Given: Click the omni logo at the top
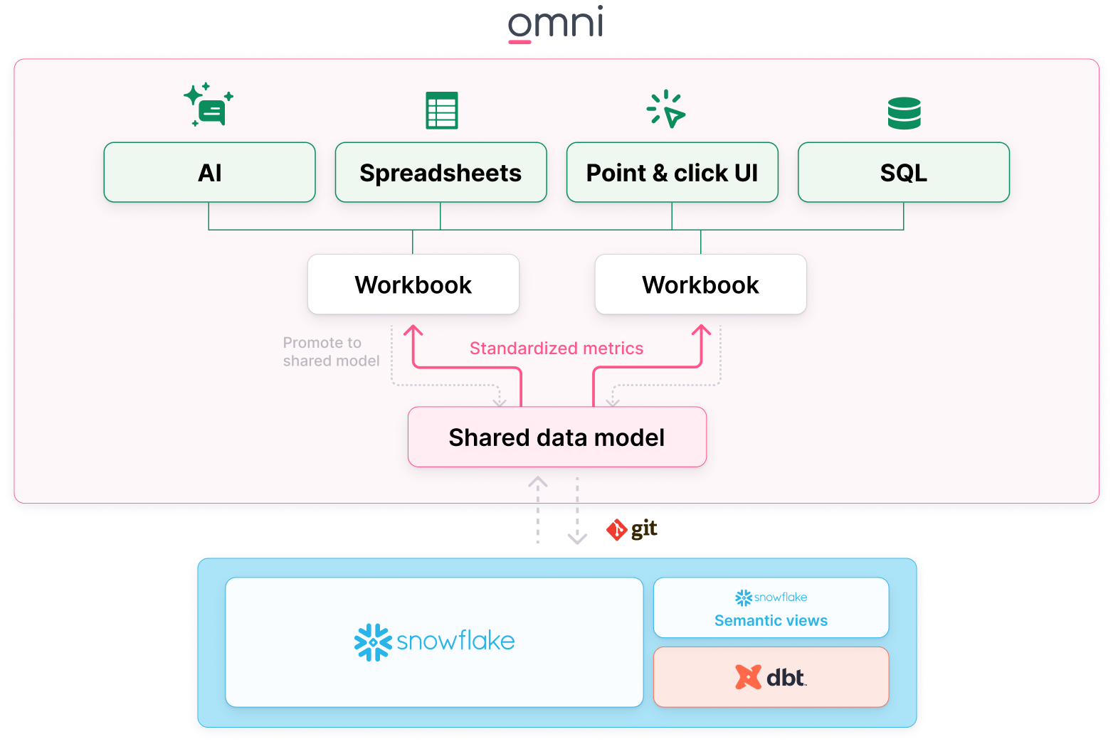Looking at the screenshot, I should coord(556,23).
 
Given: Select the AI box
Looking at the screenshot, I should coord(209,173).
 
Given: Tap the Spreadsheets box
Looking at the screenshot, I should coord(441,173).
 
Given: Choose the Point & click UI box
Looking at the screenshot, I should coord(672,173).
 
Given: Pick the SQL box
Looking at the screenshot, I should coord(903,173).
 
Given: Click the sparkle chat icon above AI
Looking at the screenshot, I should coord(209,105).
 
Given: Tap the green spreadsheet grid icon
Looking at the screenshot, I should coord(441,110).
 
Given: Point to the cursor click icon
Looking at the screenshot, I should coord(666,109).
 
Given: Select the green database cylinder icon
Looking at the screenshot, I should coord(904,113).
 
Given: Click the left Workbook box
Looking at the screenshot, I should coord(413,285).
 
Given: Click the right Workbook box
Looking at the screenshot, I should coord(700,285).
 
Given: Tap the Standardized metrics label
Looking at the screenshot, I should coord(556,348).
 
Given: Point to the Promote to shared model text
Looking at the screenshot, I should coord(331,351).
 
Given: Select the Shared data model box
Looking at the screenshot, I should coord(556,437).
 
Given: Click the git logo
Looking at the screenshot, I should coord(631,529).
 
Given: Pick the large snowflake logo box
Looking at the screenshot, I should coord(434,642).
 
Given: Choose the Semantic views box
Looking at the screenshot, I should coord(771,607).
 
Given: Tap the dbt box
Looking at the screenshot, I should coord(771,677).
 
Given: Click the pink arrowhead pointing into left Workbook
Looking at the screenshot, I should coord(413,330).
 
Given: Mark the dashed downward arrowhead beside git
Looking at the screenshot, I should coord(577,538).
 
